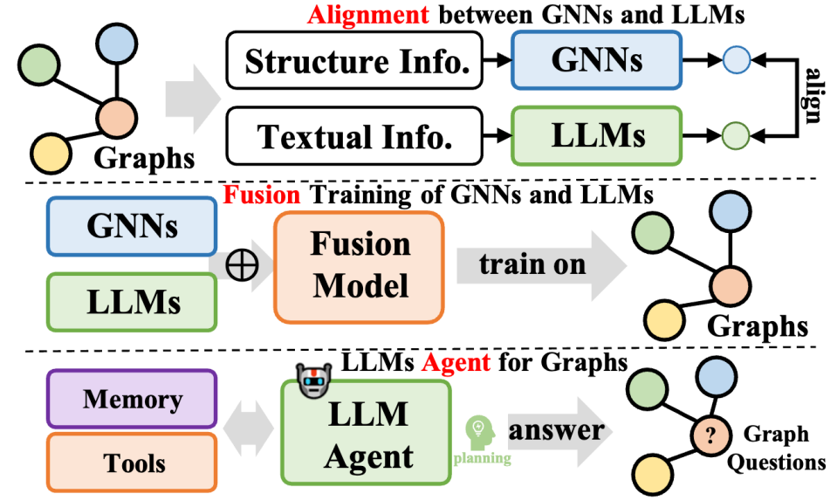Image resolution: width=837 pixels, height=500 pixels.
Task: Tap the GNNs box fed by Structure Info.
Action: tap(597, 61)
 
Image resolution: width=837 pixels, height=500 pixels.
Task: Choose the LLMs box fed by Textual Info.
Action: tap(597, 135)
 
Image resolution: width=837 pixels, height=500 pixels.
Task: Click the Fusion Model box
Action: tap(360, 264)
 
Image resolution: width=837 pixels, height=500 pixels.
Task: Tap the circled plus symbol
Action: tap(241, 265)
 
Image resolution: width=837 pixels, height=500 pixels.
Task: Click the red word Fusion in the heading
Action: tap(261, 194)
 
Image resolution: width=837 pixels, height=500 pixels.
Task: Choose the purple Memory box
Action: tap(132, 401)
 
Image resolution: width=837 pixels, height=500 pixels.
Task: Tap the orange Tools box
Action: tap(132, 462)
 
